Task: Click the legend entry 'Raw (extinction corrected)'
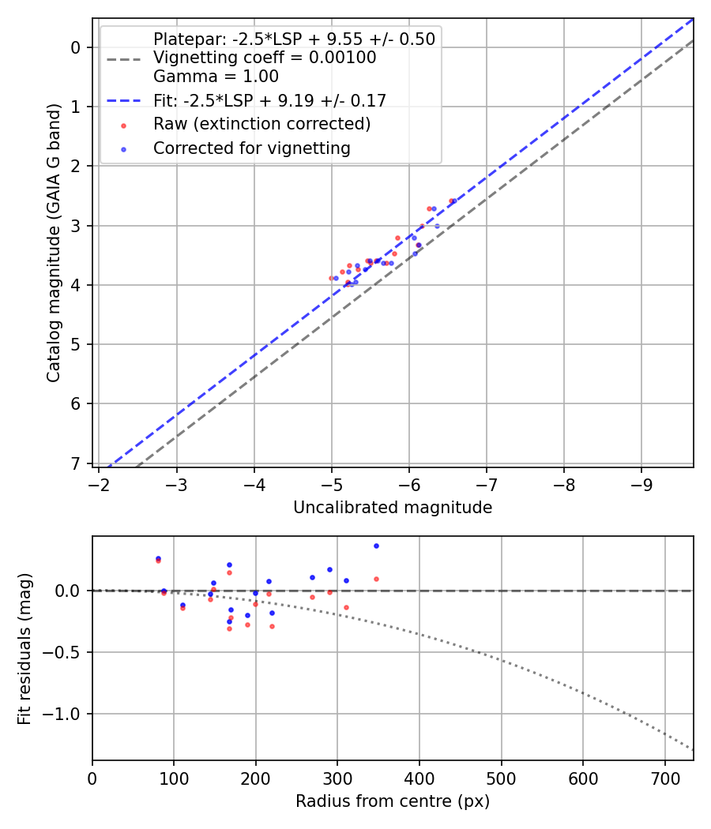tap(261, 124)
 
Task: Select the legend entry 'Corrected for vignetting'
tap(252, 148)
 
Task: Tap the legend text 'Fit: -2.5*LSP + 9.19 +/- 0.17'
tap(269, 100)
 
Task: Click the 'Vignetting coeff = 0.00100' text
tap(265, 58)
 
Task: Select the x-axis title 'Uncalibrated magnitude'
tap(393, 508)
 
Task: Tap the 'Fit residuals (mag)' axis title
tap(24, 648)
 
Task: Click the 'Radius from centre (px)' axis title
tap(393, 801)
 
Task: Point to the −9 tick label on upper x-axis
tap(641, 483)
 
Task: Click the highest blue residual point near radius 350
tap(376, 546)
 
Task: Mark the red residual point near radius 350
tap(376, 579)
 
